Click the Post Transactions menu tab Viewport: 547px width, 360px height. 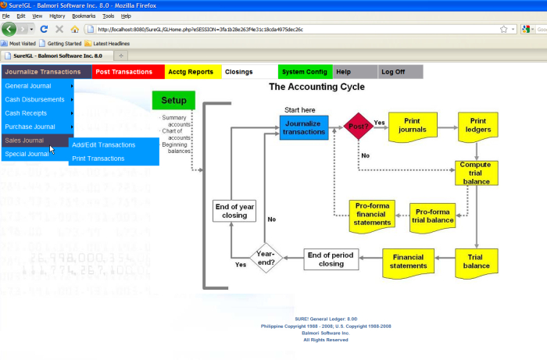point(123,72)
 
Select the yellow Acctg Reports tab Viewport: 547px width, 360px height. point(190,72)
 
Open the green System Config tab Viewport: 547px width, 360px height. point(305,72)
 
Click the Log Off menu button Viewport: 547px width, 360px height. point(392,72)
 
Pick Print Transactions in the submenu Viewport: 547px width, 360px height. point(98,159)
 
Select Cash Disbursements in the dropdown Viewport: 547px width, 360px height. point(35,100)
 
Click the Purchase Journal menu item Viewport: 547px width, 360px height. point(30,127)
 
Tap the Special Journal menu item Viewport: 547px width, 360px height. point(27,154)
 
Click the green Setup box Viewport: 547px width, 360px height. point(173,101)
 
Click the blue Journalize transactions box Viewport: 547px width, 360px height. point(304,127)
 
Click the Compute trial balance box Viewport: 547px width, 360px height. point(475,173)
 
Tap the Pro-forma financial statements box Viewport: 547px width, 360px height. point(372,214)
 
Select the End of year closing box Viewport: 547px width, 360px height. point(234,210)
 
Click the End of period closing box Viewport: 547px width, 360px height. point(331,259)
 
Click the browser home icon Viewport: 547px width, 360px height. point(75,29)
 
